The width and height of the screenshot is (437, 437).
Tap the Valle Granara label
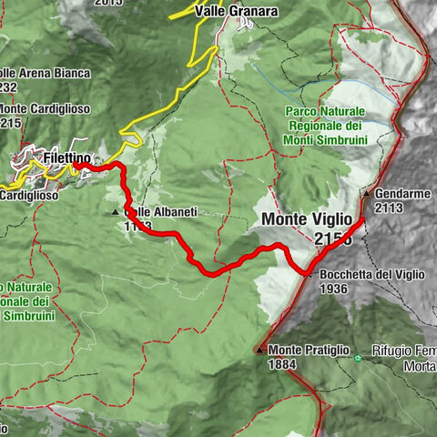tap(236, 12)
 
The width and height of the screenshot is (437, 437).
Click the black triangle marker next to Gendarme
tap(366, 194)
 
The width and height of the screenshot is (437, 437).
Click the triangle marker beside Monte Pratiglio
tap(260, 350)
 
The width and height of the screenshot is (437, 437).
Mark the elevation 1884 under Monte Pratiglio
tap(283, 363)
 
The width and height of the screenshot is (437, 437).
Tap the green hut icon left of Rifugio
tap(358, 358)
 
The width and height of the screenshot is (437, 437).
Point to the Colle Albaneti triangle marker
tap(115, 212)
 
